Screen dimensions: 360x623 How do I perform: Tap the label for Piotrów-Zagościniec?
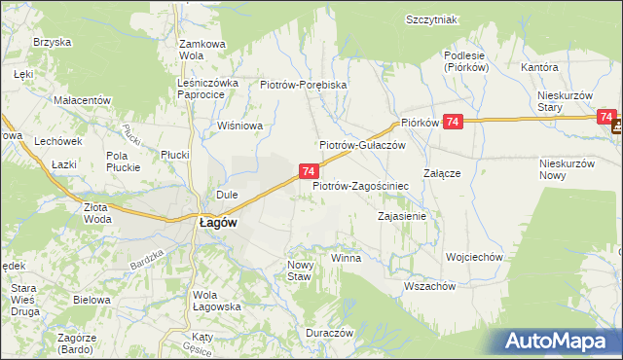(359, 184)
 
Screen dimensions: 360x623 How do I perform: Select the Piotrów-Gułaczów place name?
(362, 145)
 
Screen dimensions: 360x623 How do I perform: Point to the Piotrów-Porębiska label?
(304, 85)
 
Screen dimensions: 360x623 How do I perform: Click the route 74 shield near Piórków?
(452, 122)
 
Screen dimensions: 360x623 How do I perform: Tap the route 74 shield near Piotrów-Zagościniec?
(307, 171)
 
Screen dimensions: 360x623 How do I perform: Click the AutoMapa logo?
(561, 341)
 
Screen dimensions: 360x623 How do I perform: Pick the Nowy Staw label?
(299, 270)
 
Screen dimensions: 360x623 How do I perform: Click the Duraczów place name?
(328, 332)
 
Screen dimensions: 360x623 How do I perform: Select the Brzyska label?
(54, 42)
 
